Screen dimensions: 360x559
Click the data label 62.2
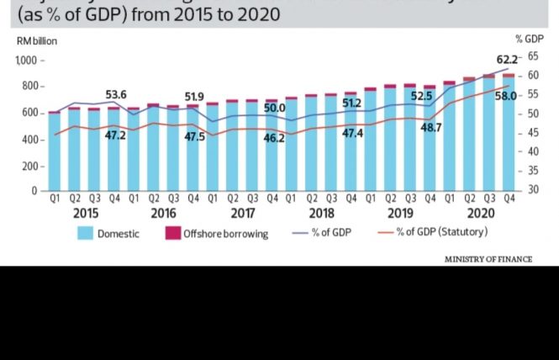click(x=507, y=59)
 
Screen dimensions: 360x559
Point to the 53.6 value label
click(x=115, y=95)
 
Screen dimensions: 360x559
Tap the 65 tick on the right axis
click(x=532, y=56)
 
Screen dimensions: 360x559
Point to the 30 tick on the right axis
click(x=532, y=190)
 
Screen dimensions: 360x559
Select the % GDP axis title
click(x=526, y=38)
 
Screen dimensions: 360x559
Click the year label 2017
click(x=243, y=214)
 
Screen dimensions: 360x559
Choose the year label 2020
click(x=479, y=214)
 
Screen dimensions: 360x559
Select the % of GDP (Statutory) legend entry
click(x=445, y=232)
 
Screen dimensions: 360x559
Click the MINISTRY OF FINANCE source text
click(x=488, y=259)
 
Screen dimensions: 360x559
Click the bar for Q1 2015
click(x=54, y=151)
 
